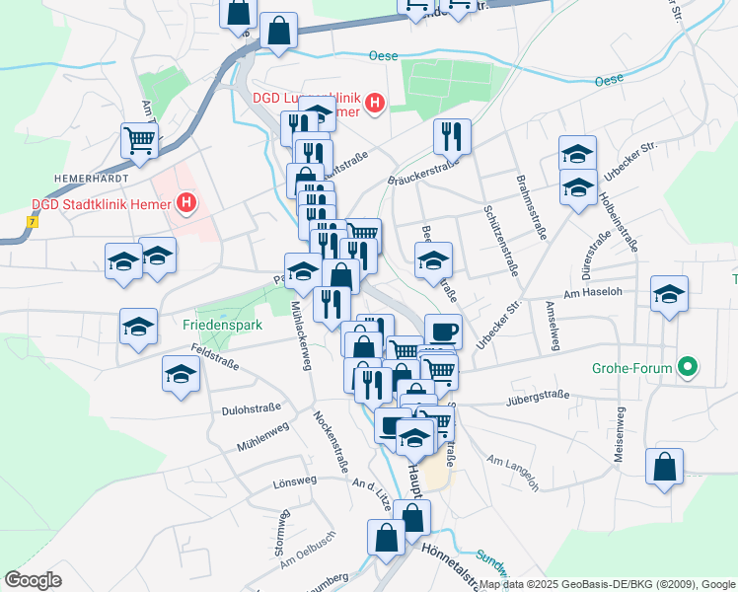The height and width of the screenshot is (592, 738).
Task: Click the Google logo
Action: tap(33, 579)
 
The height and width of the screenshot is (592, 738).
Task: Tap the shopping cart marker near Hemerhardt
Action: tap(139, 140)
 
